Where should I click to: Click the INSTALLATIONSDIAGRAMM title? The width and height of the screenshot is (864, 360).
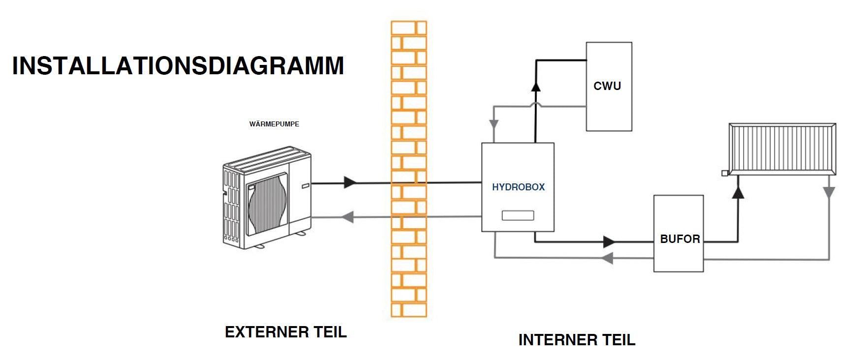point(178,66)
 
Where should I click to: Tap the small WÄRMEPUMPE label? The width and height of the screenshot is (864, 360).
point(274,124)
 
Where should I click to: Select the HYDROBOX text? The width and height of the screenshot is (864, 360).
point(518,187)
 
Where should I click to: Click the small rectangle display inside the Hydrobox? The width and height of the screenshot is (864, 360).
point(518,215)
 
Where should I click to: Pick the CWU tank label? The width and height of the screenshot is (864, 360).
point(607,86)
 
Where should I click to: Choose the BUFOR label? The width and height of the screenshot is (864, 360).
point(679,239)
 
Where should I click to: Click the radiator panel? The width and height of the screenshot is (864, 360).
point(782,149)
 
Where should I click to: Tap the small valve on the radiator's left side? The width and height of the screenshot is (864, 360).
point(724,173)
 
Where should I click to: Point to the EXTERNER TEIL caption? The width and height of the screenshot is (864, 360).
point(286,332)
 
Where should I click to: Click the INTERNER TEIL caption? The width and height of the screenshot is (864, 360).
point(577,340)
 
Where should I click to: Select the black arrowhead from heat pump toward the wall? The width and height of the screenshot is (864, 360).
point(350,182)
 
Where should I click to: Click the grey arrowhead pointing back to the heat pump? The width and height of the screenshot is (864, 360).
point(348,216)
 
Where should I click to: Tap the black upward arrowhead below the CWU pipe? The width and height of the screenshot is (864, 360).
point(536,87)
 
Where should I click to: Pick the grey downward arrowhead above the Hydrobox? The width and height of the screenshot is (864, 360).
point(494,124)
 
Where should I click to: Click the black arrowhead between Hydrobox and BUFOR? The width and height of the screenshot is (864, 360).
point(609,242)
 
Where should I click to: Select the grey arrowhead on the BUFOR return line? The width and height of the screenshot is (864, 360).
point(608,257)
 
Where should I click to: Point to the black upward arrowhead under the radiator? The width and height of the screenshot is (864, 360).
point(738,192)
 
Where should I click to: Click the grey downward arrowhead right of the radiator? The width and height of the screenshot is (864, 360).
point(829,192)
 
